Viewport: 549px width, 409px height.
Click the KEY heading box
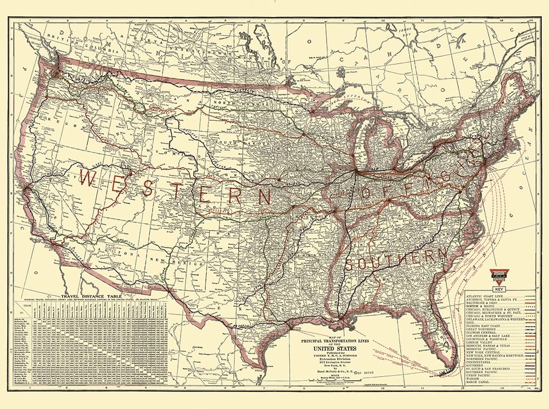499,289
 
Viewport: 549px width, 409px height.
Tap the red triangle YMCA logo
499,276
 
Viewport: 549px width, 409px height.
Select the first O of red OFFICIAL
366,193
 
